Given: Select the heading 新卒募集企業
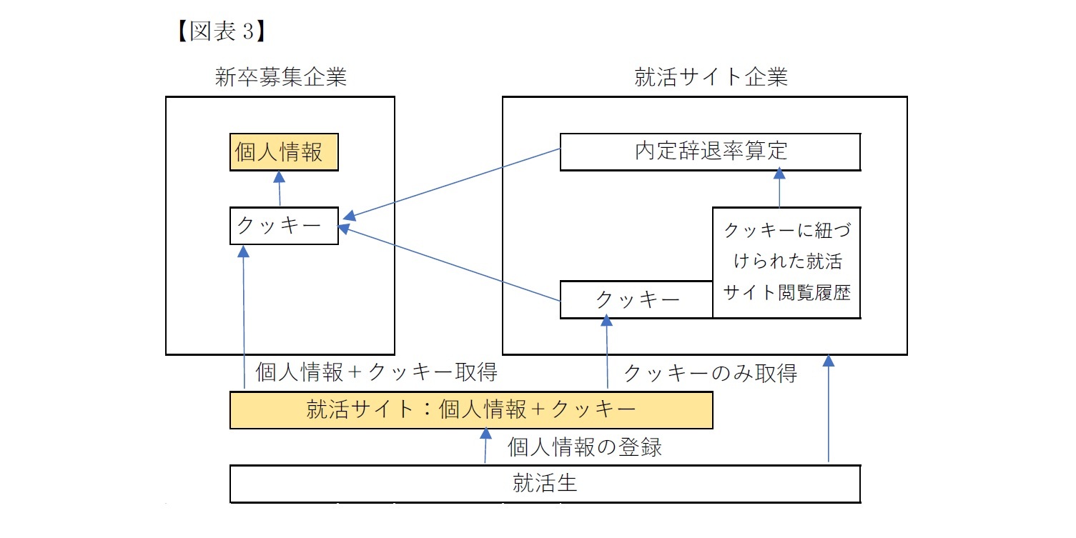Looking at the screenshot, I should [280, 77].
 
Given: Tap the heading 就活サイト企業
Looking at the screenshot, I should [711, 77].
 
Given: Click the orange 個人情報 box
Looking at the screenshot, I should [283, 152].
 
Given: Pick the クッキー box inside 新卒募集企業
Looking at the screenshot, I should [283, 226].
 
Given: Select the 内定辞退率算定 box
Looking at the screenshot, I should [709, 151].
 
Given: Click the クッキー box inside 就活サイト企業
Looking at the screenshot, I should [636, 299].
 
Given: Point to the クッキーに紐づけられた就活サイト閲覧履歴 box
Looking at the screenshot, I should [786, 262].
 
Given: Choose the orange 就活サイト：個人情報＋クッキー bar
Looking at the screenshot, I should [470, 410].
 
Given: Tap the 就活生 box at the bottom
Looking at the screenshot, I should [544, 484].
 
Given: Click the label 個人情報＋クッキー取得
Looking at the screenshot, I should [375, 372].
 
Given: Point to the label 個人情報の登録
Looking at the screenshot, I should [584, 447].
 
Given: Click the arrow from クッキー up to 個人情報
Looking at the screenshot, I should [280, 189].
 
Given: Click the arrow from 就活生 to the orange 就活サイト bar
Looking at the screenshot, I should [485, 447].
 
